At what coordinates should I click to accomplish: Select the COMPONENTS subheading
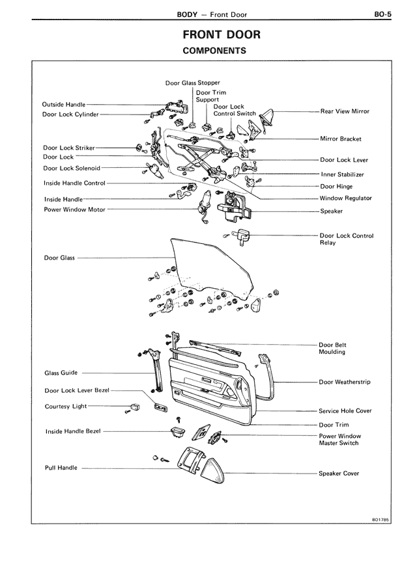[x=214, y=51]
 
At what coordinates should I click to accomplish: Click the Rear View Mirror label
[x=345, y=111]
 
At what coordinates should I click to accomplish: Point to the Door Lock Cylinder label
[x=70, y=114]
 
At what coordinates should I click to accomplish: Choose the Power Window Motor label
[x=74, y=210]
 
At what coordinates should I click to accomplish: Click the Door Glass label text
[x=59, y=258]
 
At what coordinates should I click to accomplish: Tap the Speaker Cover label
[x=339, y=474]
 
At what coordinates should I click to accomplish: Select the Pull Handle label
[x=61, y=468]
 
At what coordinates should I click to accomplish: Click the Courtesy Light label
[x=66, y=407]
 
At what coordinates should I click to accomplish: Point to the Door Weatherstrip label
[x=345, y=382]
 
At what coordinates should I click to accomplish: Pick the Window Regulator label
[x=345, y=198]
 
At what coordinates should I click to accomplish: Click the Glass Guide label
[x=61, y=373]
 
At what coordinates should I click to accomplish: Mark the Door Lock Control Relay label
[x=347, y=239]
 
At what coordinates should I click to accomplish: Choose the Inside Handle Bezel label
[x=74, y=431]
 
